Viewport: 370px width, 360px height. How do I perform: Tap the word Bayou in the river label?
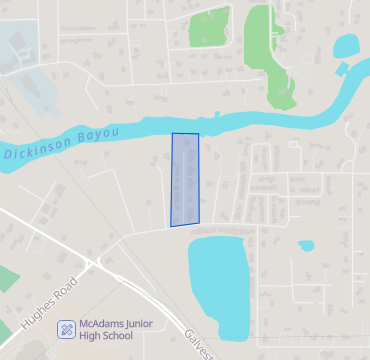click(x=98, y=135)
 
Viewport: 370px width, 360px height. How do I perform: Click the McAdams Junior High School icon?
click(x=66, y=328)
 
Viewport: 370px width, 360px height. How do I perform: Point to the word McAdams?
click(x=104, y=324)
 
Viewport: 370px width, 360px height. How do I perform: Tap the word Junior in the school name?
click(x=146, y=324)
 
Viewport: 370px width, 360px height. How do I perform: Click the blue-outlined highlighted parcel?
click(x=185, y=180)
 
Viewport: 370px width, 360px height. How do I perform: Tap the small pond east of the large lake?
click(x=305, y=244)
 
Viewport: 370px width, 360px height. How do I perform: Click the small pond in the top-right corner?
click(x=346, y=45)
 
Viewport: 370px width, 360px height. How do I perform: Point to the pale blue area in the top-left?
click(x=20, y=45)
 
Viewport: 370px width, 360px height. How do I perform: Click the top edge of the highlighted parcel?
click(x=185, y=134)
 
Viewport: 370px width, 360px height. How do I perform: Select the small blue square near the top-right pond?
click(x=343, y=69)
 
